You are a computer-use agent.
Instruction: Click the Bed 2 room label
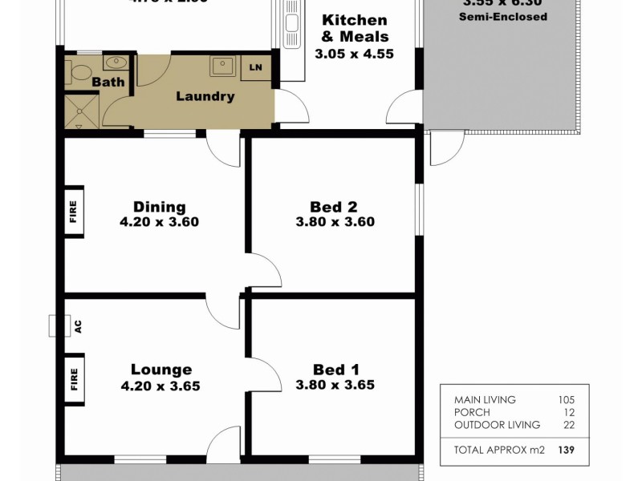coord(335,206)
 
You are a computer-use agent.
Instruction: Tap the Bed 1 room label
coord(335,370)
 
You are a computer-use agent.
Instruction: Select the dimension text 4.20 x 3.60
coord(160,222)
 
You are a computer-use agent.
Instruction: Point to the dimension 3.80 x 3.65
coord(335,385)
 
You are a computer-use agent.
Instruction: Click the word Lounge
coord(161,370)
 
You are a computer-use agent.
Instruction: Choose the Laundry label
coord(205,97)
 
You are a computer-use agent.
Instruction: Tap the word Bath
coord(107,83)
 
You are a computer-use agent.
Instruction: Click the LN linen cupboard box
coord(256,67)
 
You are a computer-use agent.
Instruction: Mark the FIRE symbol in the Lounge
coord(74,376)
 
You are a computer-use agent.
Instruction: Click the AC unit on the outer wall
coord(57,326)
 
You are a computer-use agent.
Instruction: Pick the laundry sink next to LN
coord(223,66)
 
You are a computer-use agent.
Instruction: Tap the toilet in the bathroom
coord(79,71)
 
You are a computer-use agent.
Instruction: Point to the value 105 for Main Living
coord(567,399)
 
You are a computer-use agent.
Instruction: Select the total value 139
coord(567,450)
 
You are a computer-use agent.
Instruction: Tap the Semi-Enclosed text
coord(503,16)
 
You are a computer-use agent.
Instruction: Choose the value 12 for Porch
coord(571,412)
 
